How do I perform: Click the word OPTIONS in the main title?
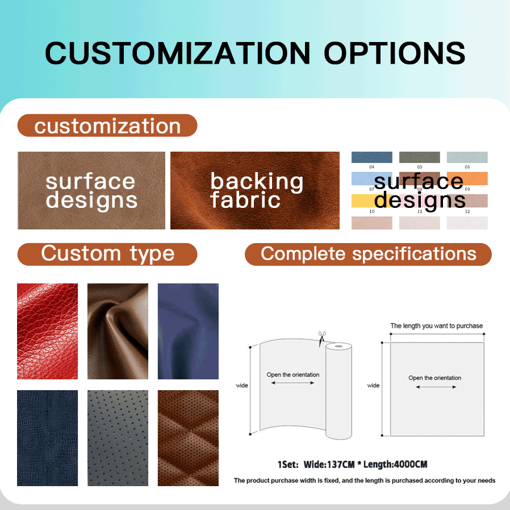(x=394, y=53)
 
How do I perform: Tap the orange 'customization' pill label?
(x=107, y=126)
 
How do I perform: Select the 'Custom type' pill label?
(x=107, y=254)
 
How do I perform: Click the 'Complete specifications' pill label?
(x=368, y=254)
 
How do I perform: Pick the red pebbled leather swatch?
(x=48, y=331)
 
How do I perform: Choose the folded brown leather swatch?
(x=118, y=331)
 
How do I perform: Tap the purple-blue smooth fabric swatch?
(x=188, y=331)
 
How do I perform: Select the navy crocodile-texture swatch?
(x=48, y=438)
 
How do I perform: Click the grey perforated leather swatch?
(x=118, y=438)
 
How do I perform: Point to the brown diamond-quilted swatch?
(x=188, y=438)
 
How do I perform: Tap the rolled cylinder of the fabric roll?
(x=338, y=391)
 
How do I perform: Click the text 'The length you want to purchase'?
(x=437, y=326)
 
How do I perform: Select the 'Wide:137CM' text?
(x=329, y=465)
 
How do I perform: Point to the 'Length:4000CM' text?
(x=395, y=465)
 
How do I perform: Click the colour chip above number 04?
(x=372, y=157)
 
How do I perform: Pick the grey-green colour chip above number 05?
(x=420, y=157)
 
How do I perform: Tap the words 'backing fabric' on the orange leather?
(x=257, y=190)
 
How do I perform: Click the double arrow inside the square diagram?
(x=436, y=387)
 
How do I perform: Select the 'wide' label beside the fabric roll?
(x=242, y=386)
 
